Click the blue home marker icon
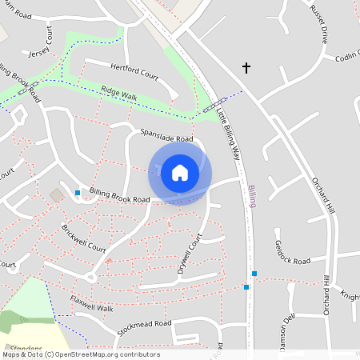point(180,173)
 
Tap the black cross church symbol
point(246,69)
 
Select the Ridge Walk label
point(118,94)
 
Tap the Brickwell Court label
point(83,238)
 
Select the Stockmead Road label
point(144,326)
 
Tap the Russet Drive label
point(319,24)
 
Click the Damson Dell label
point(288,332)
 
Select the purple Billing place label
point(253,195)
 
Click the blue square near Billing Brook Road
point(78,193)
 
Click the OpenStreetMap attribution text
point(80,354)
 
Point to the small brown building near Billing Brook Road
point(57,195)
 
